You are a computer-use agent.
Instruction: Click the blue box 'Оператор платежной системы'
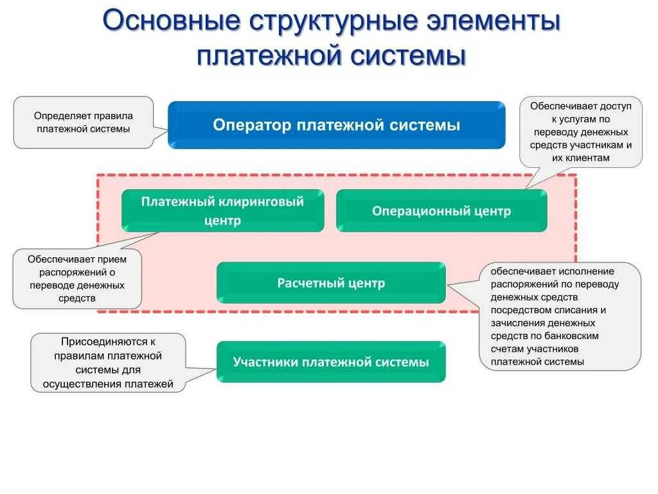337,125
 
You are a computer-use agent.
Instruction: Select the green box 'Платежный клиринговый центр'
223,210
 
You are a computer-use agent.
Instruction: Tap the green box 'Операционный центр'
441,210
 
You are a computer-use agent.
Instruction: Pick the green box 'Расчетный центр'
331,283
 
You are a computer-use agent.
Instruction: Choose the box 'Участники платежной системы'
331,362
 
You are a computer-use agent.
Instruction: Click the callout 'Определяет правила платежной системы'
84,122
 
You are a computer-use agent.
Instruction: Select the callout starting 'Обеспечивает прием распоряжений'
77,279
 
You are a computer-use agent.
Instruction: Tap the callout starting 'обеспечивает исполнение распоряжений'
559,316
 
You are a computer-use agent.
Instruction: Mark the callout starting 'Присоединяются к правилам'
108,363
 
